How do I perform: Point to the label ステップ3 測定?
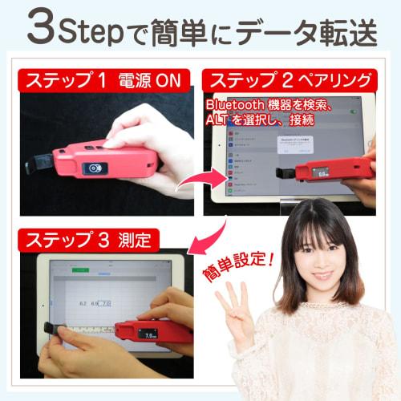pyautogui.click(x=89, y=239)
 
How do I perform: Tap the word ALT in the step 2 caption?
pyautogui.click(x=218, y=120)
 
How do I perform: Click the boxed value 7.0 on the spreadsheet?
pyautogui.click(x=106, y=303)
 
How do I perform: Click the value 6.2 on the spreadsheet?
pyautogui.click(x=83, y=303)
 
